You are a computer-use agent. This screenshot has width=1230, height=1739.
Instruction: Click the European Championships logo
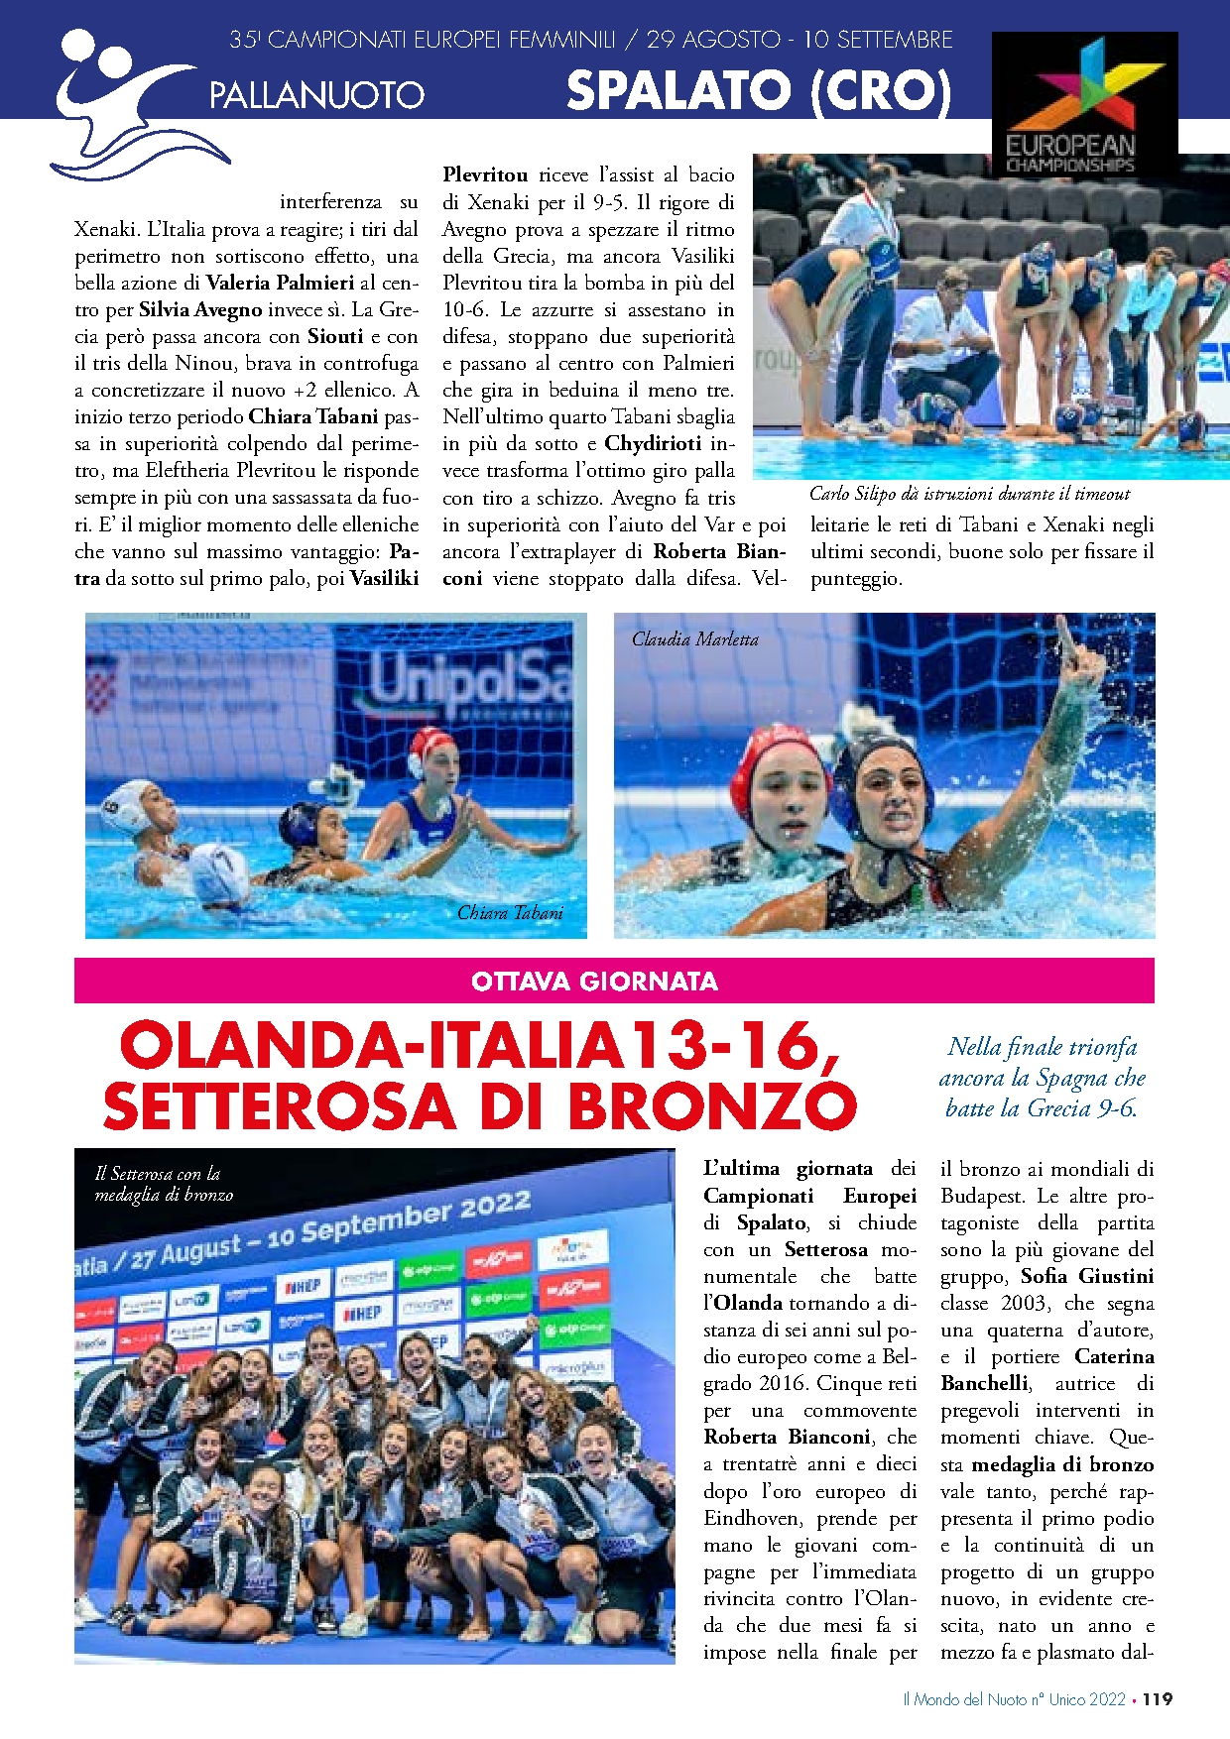1084,103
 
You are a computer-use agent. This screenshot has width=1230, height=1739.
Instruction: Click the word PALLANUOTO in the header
316,96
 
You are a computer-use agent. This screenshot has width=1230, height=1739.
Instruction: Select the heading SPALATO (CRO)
759,92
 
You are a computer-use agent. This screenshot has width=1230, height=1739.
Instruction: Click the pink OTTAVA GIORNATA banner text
594,982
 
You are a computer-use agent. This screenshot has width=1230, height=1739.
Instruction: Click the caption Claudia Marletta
694,639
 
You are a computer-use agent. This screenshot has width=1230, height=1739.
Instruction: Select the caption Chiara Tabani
510,913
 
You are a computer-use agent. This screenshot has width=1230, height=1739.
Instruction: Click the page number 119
1157,1699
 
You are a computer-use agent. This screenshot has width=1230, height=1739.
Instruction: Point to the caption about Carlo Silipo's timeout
969,494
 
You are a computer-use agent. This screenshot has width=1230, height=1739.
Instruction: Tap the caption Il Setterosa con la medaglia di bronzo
164,1184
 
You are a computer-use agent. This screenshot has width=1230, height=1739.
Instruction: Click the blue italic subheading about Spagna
1042,1078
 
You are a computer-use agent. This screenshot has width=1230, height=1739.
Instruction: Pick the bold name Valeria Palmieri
280,283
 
